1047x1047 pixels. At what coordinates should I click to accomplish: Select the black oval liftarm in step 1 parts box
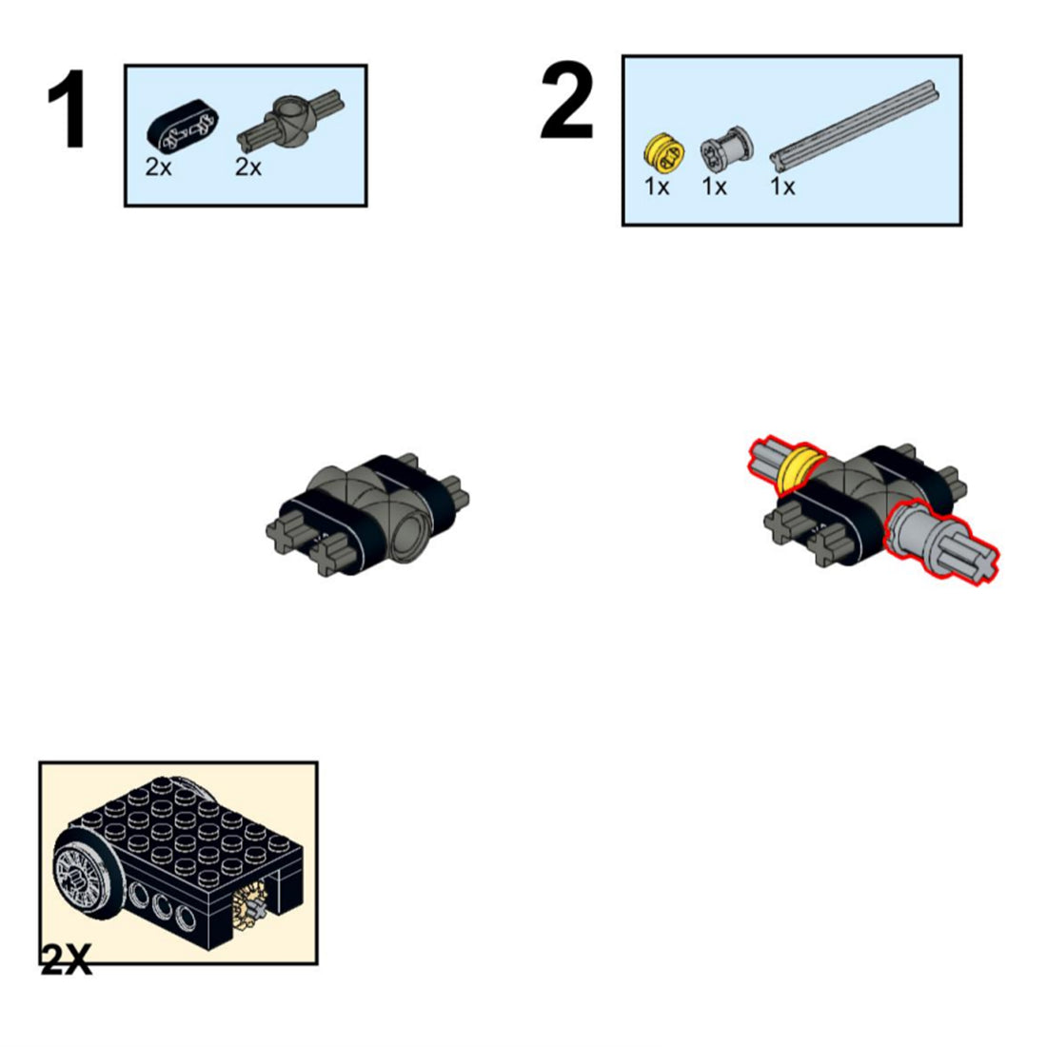(x=182, y=125)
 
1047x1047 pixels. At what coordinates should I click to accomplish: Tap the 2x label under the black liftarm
(x=158, y=167)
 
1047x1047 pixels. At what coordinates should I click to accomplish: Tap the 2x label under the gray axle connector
(x=247, y=167)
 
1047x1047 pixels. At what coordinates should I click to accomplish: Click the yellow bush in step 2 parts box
(x=664, y=152)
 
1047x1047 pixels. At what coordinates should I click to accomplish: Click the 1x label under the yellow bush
(x=657, y=187)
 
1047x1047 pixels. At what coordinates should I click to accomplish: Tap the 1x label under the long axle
(x=782, y=187)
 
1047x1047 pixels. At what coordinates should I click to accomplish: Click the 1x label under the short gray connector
(x=714, y=187)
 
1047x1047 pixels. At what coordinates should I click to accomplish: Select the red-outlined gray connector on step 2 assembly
(x=941, y=543)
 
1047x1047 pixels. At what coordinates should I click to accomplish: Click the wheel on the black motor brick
(x=85, y=880)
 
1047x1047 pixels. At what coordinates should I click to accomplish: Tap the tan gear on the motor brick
(x=249, y=907)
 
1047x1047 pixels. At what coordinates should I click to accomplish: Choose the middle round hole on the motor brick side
(x=162, y=908)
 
